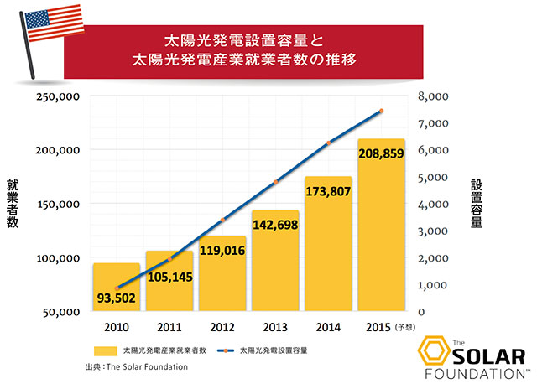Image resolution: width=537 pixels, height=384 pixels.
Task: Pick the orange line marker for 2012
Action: tap(222, 220)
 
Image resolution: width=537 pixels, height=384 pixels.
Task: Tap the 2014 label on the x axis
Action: tap(328, 325)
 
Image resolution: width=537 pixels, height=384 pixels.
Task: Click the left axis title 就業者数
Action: tap(13, 204)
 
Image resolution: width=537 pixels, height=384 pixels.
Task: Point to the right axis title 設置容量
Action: tap(476, 204)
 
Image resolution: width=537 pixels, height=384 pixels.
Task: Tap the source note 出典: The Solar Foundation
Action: tap(136, 366)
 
